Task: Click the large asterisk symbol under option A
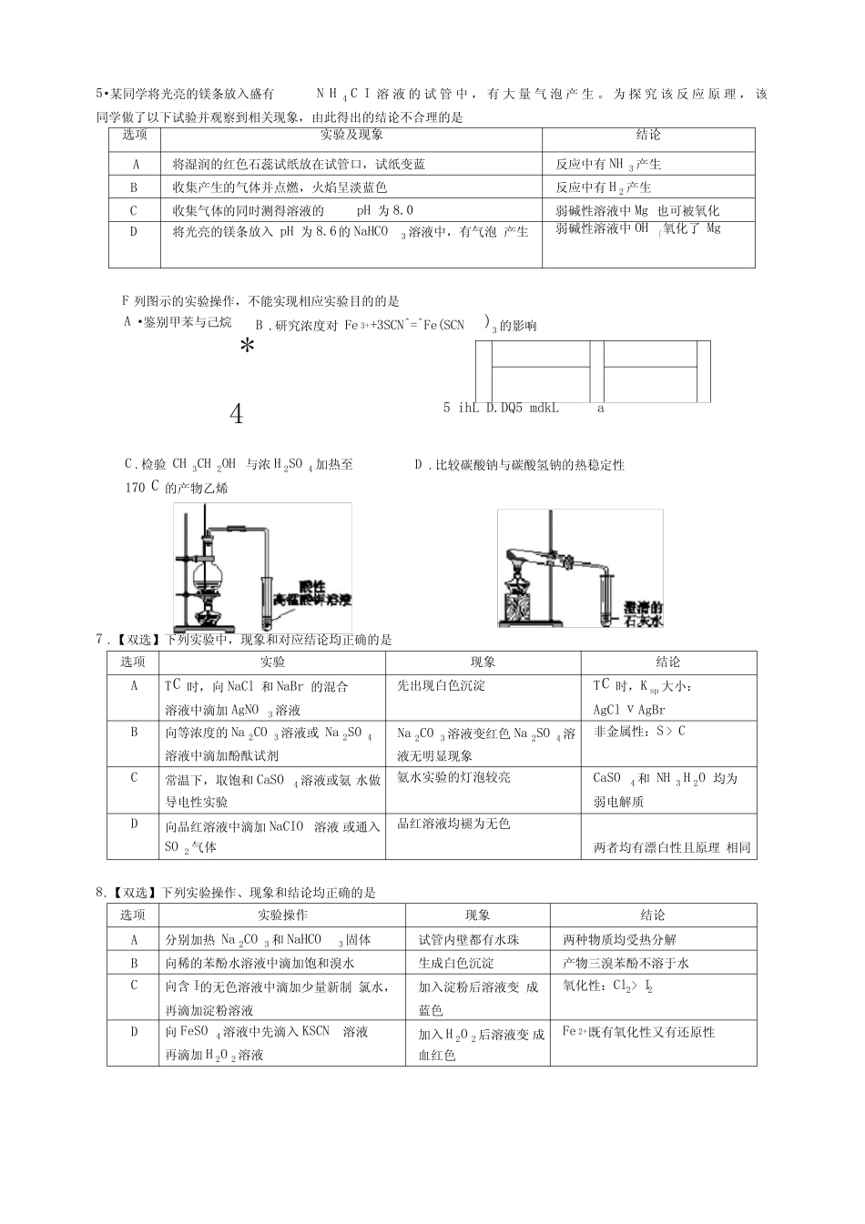[x=246, y=347]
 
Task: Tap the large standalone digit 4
[x=237, y=415]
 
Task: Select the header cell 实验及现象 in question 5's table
[x=351, y=136]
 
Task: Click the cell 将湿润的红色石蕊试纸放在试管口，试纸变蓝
[x=299, y=165]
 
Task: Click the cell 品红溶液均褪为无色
[x=454, y=824]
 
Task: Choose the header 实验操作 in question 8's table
[x=282, y=915]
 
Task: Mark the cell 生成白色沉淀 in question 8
[x=456, y=963]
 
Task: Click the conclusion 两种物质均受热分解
[x=620, y=939]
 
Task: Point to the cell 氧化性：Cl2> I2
[x=608, y=986]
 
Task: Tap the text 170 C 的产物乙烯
[x=177, y=488]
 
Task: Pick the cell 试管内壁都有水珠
[x=469, y=939]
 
